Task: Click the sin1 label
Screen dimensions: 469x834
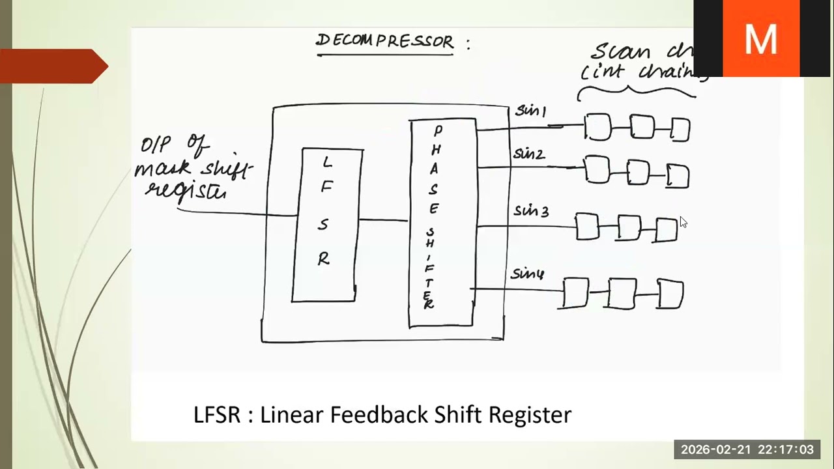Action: pyautogui.click(x=530, y=111)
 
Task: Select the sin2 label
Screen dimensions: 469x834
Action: pyautogui.click(x=528, y=154)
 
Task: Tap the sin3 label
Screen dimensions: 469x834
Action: pyautogui.click(x=531, y=211)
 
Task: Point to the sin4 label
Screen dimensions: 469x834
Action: pyautogui.click(x=527, y=274)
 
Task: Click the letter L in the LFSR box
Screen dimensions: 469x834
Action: pyautogui.click(x=328, y=162)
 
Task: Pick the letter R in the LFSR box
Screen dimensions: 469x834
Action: pyautogui.click(x=324, y=259)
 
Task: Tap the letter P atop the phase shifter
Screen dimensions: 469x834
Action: pyautogui.click(x=438, y=132)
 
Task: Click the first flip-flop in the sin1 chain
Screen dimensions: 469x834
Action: pyautogui.click(x=597, y=127)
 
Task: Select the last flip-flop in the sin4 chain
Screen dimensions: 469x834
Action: pyautogui.click(x=670, y=294)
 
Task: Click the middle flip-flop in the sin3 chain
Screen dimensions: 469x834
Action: pyautogui.click(x=629, y=228)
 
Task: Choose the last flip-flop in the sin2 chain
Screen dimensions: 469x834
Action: pyautogui.click(x=678, y=177)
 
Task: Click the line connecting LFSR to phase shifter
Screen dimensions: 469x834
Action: pyautogui.click(x=384, y=220)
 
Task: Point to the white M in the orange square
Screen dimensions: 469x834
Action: pyautogui.click(x=760, y=39)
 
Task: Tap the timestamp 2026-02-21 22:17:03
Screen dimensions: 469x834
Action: pyautogui.click(x=747, y=449)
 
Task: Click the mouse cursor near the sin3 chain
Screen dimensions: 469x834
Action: pyautogui.click(x=682, y=221)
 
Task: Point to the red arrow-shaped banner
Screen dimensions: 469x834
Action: pyautogui.click(x=55, y=66)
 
